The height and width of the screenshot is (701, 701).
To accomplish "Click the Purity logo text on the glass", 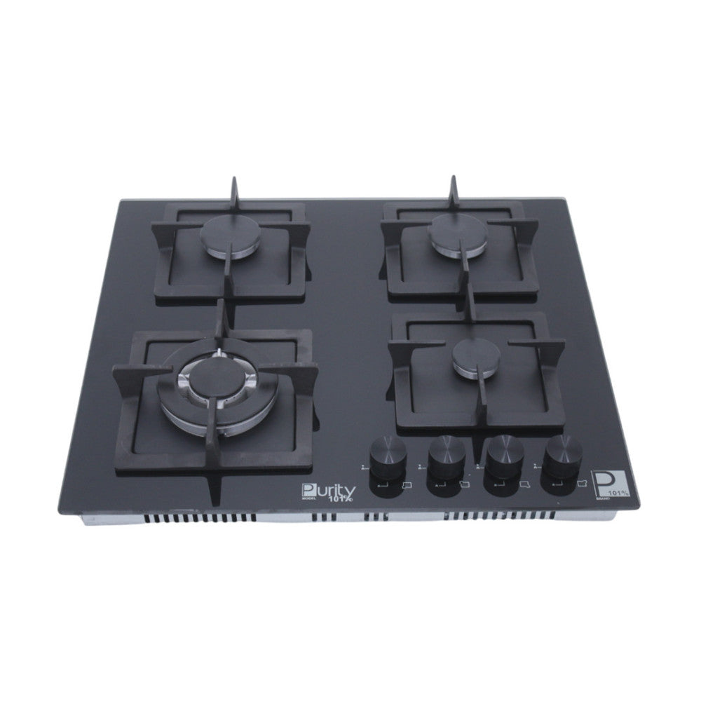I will point(329,490).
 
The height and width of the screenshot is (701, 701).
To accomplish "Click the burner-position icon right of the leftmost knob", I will point(407,484).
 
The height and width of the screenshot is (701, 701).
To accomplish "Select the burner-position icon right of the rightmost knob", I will point(581,484).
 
